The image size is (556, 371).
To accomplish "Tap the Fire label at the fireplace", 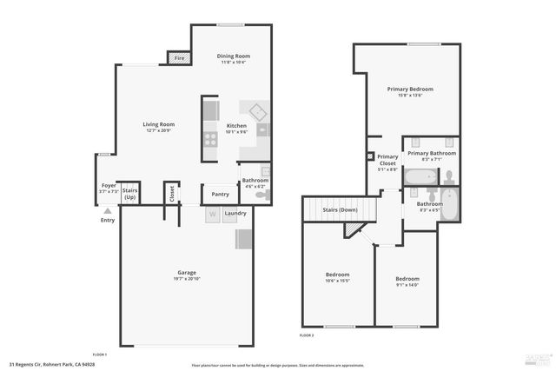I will point(179,58).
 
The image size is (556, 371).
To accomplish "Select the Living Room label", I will point(159,124).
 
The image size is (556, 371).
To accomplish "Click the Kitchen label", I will point(236,126).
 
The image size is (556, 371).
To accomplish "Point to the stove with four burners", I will point(211,136).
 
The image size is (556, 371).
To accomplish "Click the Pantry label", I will point(220,194).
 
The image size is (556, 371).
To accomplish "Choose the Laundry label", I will point(235,213).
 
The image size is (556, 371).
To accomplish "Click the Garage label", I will point(187,273).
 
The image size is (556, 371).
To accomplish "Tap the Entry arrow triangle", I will point(108,209).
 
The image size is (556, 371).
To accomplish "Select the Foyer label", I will point(109,185).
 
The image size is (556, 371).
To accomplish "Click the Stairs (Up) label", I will point(130,193).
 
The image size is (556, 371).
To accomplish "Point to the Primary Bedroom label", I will point(410,89).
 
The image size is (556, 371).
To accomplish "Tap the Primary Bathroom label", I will point(432,153).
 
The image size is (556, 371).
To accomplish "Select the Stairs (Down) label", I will point(340,210).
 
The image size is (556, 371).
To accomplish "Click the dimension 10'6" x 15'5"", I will point(337,281).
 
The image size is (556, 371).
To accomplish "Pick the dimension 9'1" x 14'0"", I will point(407,285).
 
